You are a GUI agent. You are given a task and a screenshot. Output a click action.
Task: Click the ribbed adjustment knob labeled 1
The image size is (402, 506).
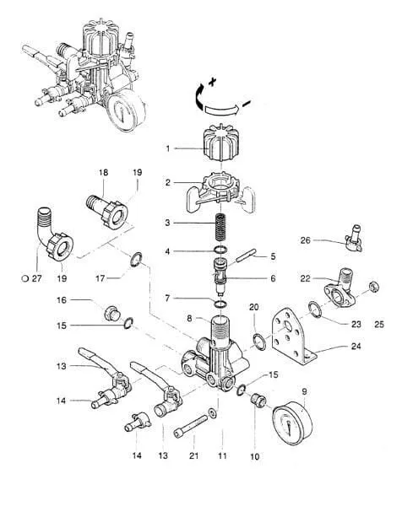221,143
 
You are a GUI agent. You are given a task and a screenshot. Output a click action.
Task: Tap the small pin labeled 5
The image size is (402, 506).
247,256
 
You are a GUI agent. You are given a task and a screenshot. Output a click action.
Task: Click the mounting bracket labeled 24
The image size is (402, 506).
293,336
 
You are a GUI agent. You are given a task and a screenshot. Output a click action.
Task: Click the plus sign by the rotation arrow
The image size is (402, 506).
212,82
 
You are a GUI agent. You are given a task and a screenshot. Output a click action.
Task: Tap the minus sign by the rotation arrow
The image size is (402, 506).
247,104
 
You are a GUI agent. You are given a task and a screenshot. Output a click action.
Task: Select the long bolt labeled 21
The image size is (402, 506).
191,427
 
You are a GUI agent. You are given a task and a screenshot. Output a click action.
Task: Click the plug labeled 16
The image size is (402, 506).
111,312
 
